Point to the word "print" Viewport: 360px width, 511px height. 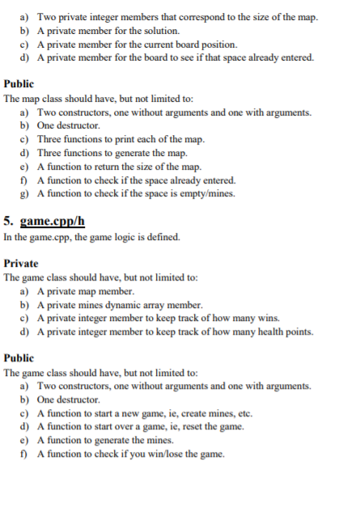tap(130, 139)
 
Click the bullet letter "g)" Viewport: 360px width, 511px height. tap(24, 194)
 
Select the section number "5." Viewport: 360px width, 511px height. tap(8, 220)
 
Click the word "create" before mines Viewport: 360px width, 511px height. tap(197, 413)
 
